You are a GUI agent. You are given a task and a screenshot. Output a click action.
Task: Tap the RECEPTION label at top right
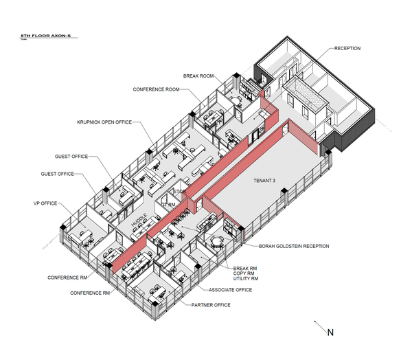click(347, 49)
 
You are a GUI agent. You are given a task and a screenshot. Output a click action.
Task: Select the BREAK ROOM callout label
click(198, 76)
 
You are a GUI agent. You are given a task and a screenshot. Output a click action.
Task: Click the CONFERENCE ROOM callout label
click(157, 89)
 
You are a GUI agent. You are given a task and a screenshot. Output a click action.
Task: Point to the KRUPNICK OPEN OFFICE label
click(104, 122)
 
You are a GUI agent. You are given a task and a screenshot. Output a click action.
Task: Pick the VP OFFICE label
click(45, 204)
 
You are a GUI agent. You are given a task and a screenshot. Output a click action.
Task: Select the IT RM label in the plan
click(169, 205)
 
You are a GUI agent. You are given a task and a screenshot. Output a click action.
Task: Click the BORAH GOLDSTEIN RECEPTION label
click(293, 246)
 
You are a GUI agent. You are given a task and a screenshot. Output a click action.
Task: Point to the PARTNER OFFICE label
click(211, 304)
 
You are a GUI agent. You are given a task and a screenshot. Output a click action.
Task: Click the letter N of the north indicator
click(330, 333)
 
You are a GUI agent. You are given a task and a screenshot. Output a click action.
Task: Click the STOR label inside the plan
click(180, 192)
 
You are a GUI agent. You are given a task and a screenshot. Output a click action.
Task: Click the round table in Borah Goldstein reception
click(217, 240)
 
